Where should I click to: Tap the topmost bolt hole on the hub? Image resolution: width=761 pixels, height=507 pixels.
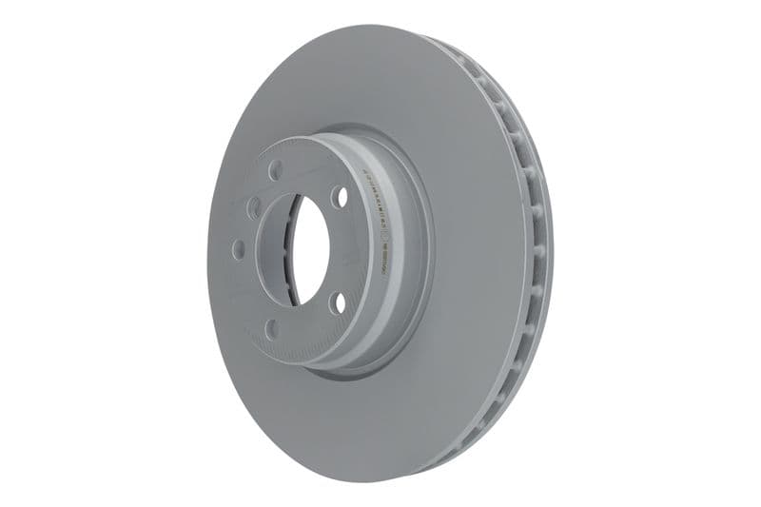[276, 170]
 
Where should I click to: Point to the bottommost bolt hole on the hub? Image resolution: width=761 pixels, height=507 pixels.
[272, 329]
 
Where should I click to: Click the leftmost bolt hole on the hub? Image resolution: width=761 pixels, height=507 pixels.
[238, 249]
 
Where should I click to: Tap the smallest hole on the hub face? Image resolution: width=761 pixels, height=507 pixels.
[254, 206]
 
